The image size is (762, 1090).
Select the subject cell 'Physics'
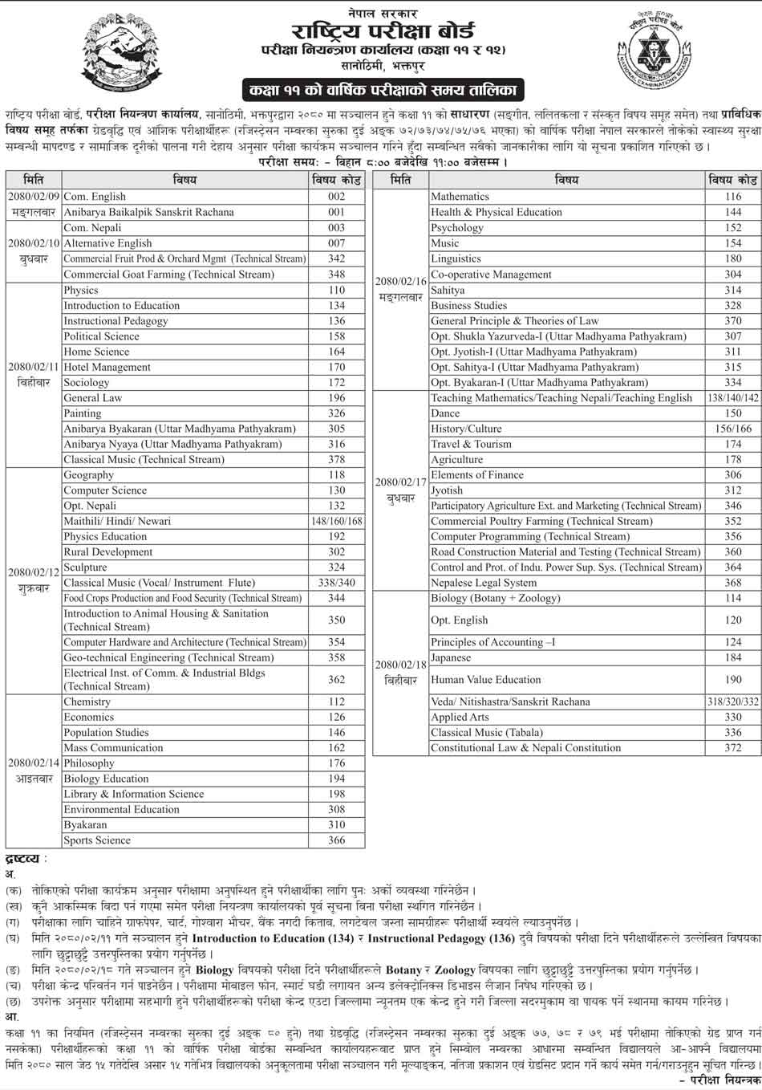click(x=81, y=290)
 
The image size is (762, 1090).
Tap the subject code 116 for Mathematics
click(x=732, y=197)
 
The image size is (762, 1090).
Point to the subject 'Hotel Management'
click(x=107, y=367)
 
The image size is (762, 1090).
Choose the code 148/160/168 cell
click(x=336, y=521)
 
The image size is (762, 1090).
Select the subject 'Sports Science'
click(x=97, y=840)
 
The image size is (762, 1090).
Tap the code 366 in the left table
click(x=336, y=840)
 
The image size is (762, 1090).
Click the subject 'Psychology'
click(x=457, y=228)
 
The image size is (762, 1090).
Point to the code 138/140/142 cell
click(x=732, y=397)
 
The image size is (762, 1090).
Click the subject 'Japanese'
click(x=451, y=657)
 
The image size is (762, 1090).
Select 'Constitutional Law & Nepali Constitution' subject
click(x=525, y=747)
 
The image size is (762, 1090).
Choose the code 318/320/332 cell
click(x=732, y=702)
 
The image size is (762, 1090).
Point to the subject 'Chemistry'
click(x=87, y=702)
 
